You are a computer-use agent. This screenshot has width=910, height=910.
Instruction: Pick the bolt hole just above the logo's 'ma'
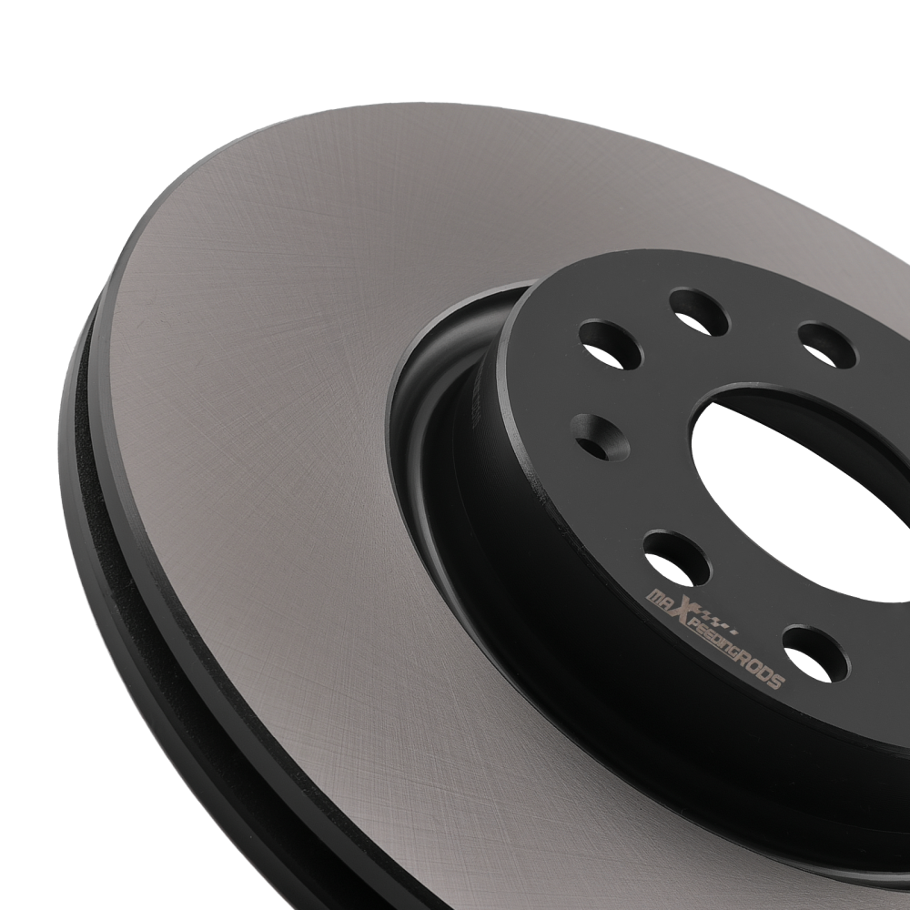coord(676,558)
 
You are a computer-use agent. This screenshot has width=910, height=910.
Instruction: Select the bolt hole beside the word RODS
coord(814,652)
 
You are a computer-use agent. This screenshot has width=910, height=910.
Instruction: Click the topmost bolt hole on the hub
coord(699,312)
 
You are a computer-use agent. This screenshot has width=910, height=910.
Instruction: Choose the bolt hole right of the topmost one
coord(827,345)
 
